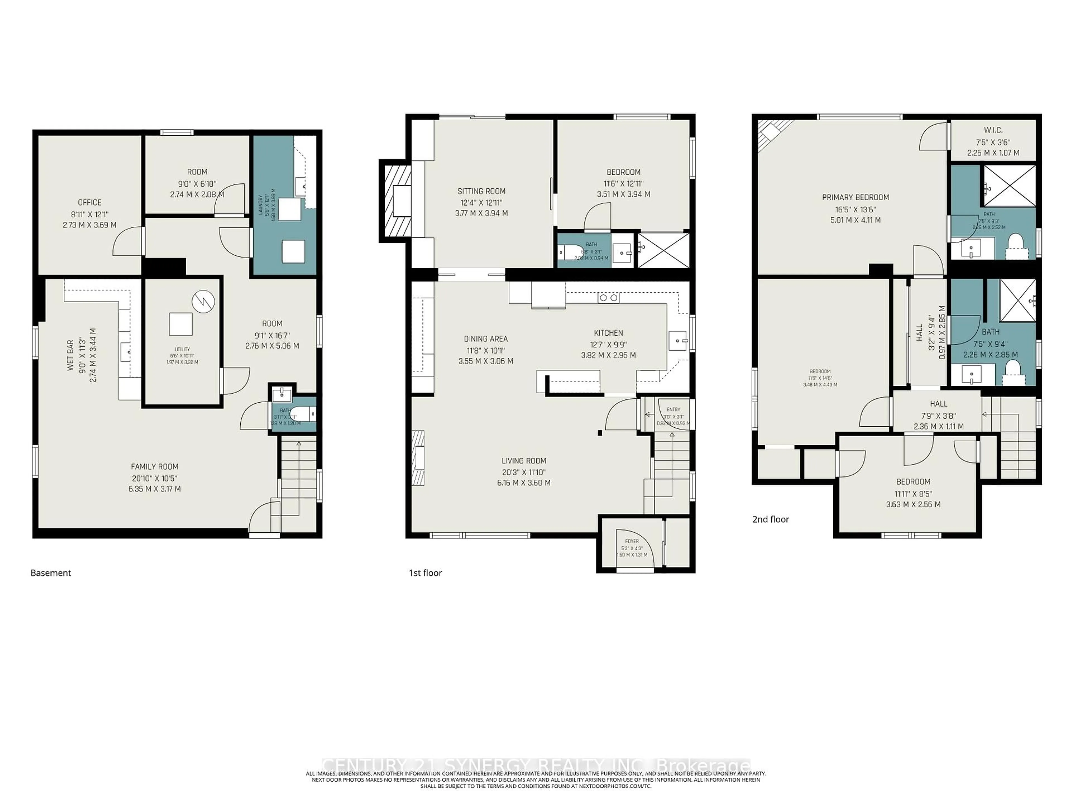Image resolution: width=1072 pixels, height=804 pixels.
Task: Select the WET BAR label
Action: tap(71, 355)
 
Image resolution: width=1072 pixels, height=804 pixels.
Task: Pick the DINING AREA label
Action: tap(485, 339)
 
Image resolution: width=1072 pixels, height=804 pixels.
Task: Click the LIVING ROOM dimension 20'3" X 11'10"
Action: tap(524, 472)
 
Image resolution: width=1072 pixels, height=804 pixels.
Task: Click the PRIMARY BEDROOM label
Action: tap(855, 197)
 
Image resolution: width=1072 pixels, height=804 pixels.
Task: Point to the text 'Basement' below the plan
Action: tap(51, 573)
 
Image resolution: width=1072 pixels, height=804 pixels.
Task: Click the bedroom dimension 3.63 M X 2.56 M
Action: tap(913, 504)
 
